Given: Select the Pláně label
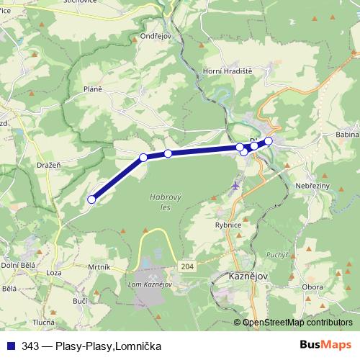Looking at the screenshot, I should pyautogui.click(x=93, y=89).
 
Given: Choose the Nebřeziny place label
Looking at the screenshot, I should pyautogui.click(x=313, y=185).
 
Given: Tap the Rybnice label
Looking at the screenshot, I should pyautogui.click(x=233, y=224).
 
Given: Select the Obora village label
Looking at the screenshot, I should pyautogui.click(x=312, y=287).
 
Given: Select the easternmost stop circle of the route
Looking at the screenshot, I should pyautogui.click(x=269, y=141).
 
